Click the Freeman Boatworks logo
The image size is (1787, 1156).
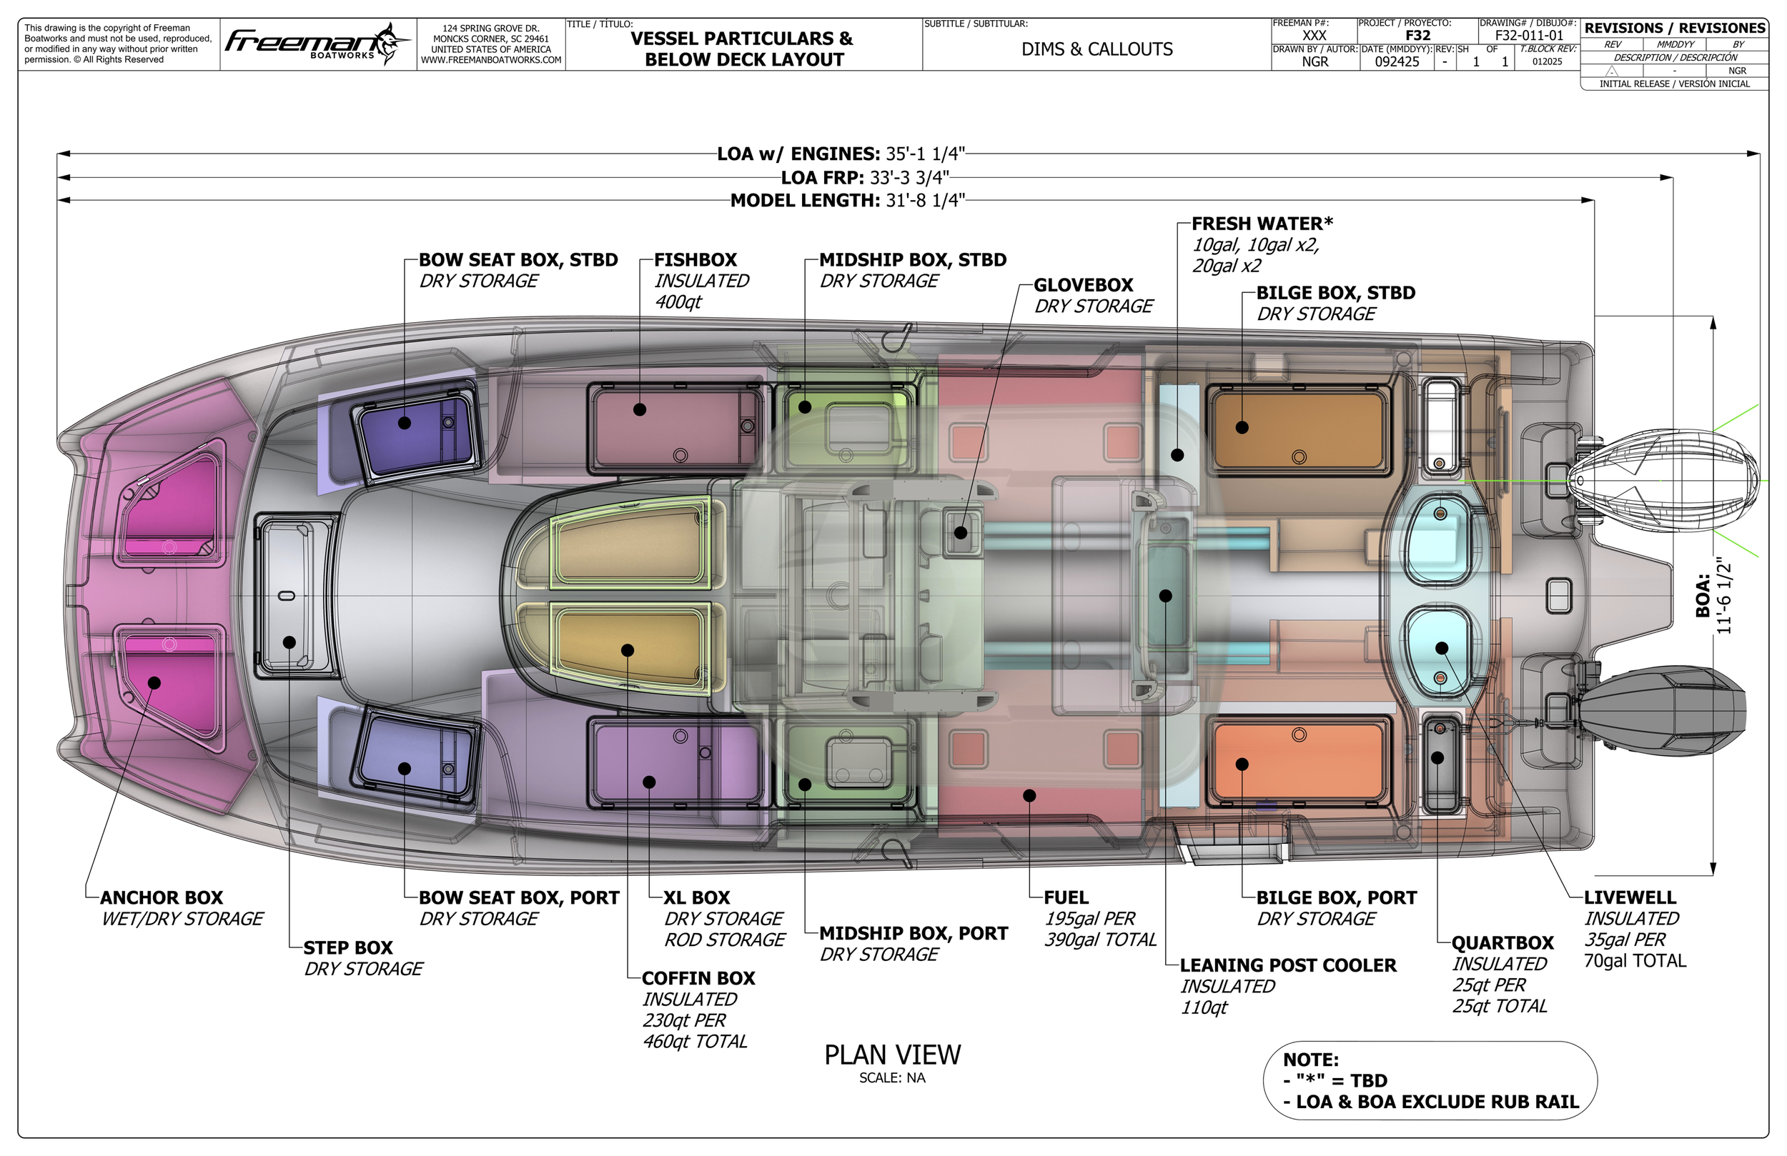[x=317, y=44]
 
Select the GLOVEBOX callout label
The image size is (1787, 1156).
[x=1083, y=285]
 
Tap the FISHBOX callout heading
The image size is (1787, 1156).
[x=695, y=260]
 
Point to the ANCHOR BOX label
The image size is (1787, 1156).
[x=162, y=898]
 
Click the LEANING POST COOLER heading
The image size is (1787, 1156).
[x=1287, y=965]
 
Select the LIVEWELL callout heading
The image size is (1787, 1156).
[x=1629, y=898]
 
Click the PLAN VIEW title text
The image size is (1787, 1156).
[x=892, y=1055]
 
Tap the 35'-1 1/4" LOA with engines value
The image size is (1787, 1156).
[x=924, y=154]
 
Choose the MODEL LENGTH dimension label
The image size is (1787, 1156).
[x=805, y=201]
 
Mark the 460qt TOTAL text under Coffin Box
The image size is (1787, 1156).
[x=695, y=1042]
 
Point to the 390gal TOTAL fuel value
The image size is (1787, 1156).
[x=1100, y=940]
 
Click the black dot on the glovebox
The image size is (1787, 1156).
[x=960, y=533]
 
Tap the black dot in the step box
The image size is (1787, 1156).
[x=289, y=642]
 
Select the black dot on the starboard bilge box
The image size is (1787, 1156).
[x=1242, y=428]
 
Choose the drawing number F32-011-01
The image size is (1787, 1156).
[x=1529, y=35]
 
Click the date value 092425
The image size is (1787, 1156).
[x=1397, y=61]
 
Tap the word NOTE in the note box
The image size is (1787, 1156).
[x=1310, y=1060]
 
